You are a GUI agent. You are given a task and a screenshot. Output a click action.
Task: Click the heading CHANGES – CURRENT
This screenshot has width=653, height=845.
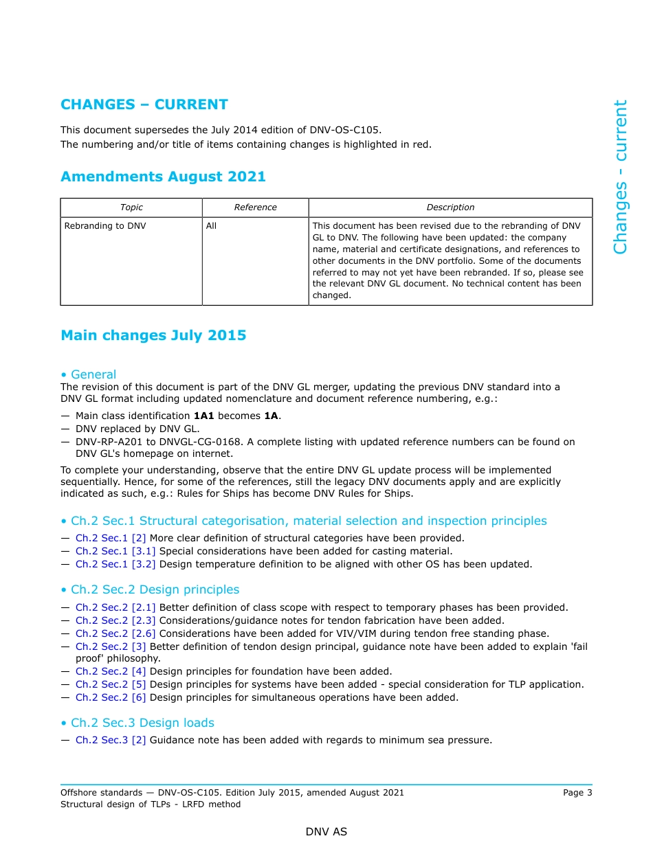tap(144, 104)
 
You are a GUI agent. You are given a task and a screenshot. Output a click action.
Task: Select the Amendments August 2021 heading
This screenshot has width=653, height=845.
tap(163, 177)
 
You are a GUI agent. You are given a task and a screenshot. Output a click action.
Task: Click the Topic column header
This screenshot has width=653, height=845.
tap(131, 207)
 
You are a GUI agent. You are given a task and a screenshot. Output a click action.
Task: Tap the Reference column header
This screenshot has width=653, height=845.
tap(255, 207)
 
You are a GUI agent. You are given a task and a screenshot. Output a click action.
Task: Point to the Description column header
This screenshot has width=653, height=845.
tap(450, 207)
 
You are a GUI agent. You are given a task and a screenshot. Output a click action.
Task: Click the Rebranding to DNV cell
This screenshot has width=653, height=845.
tap(105, 225)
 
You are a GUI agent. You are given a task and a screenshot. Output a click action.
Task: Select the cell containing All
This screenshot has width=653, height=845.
tap(211, 225)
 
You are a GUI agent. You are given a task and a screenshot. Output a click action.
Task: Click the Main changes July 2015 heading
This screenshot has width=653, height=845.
tap(153, 335)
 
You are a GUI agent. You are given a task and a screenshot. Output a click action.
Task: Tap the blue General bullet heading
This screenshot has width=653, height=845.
tap(93, 374)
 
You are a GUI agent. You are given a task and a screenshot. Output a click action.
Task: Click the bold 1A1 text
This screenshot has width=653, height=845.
tap(204, 416)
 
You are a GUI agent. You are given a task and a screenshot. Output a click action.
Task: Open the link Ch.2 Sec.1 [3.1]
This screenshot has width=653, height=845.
tap(115, 551)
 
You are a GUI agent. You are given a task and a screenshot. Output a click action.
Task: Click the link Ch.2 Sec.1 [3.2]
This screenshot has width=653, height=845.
tap(115, 564)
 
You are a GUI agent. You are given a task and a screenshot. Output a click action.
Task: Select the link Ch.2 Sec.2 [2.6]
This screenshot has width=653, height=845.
tap(115, 633)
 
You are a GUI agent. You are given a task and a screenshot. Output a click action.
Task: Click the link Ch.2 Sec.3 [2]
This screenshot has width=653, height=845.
tap(111, 740)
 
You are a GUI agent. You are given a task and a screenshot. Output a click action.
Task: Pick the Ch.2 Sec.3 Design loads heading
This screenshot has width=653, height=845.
tap(142, 723)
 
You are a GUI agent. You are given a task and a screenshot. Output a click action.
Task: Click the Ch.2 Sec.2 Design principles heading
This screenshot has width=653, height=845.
tap(155, 589)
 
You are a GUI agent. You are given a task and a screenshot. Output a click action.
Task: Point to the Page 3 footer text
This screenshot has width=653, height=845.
tap(577, 792)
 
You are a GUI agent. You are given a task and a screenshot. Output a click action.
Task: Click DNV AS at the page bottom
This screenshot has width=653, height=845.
tap(326, 831)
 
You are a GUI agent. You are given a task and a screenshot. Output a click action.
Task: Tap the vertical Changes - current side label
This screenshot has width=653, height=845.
tap(620, 177)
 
